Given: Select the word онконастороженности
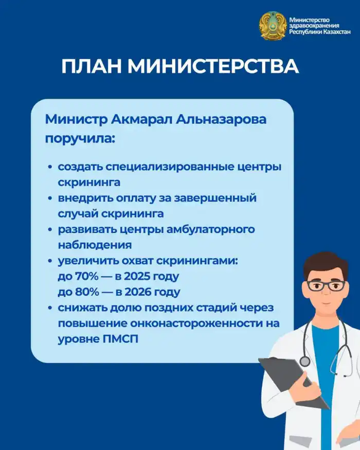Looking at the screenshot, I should pos(206,324).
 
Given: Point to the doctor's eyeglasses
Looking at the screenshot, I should pos(326,285).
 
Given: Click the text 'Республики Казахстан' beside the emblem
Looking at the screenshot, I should pos(320,32).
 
